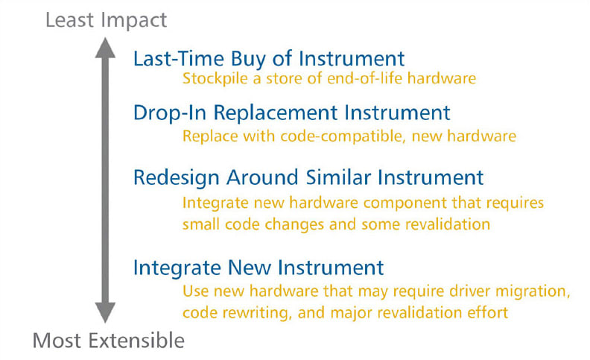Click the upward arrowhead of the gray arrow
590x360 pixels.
tap(106, 49)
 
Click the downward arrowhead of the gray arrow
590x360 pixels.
tap(106, 312)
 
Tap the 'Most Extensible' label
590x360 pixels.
tap(108, 341)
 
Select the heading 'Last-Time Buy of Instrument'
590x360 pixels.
tap(269, 59)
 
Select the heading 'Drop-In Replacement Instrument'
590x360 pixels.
tap(292, 113)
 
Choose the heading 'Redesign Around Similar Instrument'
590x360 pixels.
tap(308, 177)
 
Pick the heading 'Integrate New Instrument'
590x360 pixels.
tap(258, 267)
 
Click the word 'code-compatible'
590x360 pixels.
tap(318, 137)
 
